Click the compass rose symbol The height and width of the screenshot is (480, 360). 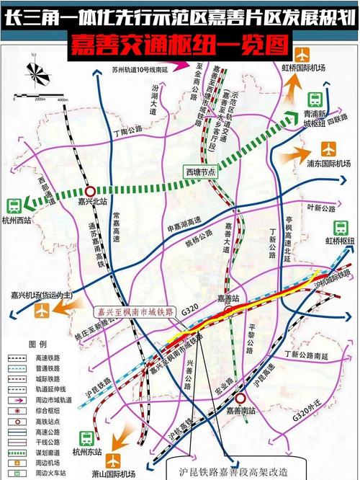pos(36,76)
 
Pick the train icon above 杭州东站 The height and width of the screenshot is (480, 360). pos(86,438)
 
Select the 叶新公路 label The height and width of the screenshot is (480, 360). pos(322,208)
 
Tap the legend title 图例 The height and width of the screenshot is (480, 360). pos(37,345)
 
